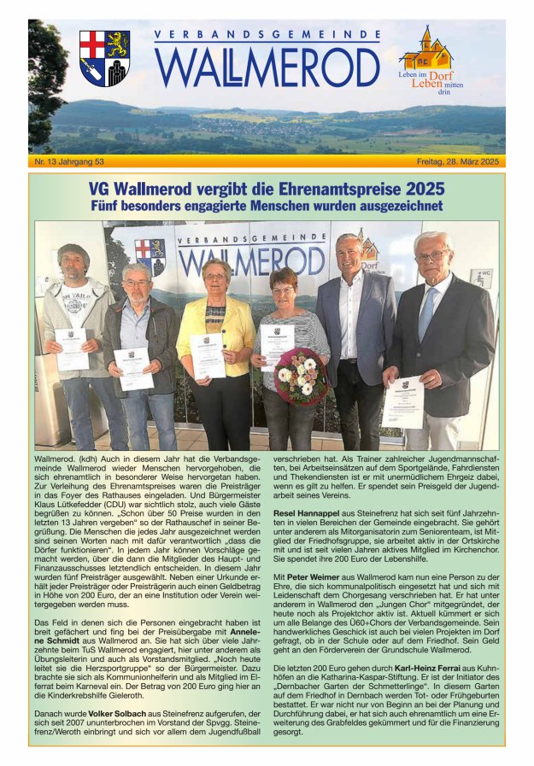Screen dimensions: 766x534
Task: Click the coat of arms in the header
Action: coord(104,58)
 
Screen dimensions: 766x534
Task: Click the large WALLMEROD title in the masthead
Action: coord(267,67)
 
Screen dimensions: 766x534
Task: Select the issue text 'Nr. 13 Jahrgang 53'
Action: coord(69,161)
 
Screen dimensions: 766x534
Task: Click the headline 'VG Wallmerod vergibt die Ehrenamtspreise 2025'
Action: coord(267,188)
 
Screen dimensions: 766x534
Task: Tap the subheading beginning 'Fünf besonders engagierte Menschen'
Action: coord(267,206)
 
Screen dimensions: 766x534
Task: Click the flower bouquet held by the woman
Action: coord(300,377)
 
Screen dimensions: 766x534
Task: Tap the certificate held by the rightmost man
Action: coord(404,401)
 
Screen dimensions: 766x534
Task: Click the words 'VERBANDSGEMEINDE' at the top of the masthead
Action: coord(267,35)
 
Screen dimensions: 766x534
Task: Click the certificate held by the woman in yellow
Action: coord(207,355)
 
